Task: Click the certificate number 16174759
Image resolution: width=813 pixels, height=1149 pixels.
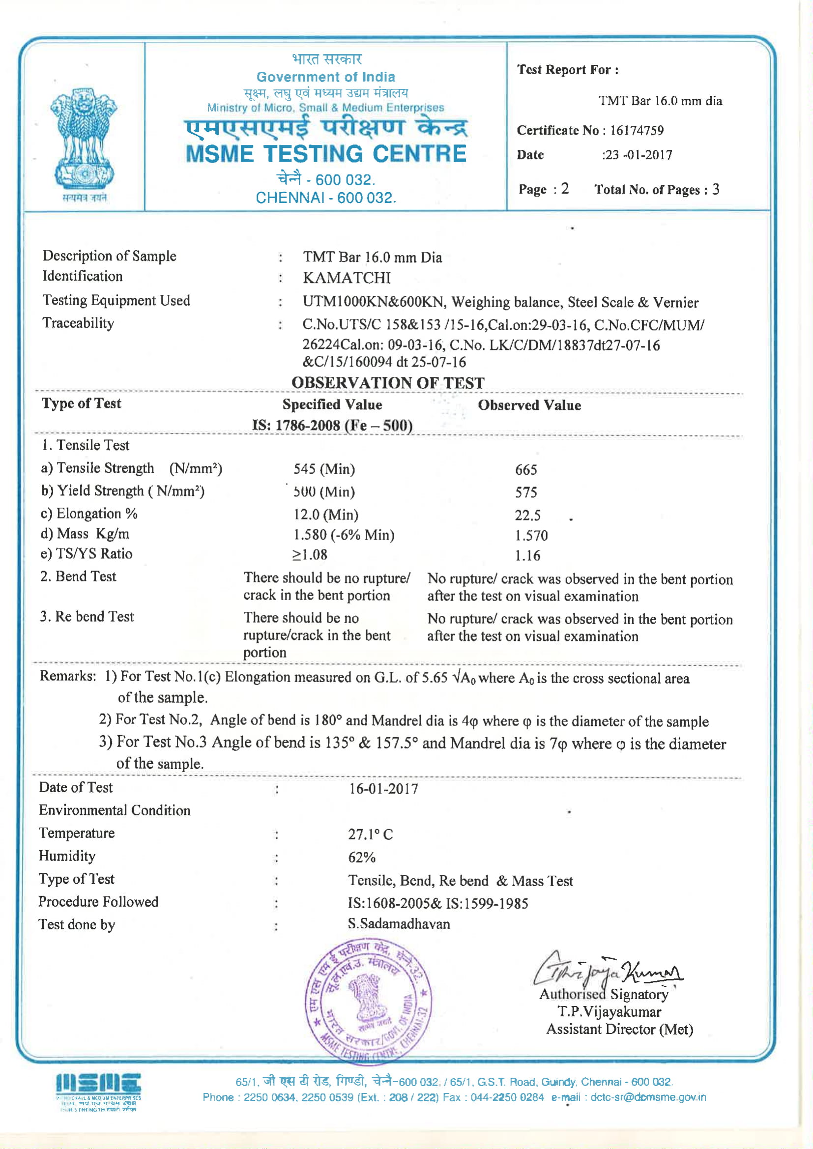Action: click(x=636, y=131)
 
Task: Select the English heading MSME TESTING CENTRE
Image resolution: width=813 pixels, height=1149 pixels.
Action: click(x=326, y=154)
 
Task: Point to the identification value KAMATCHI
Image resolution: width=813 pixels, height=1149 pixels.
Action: click(x=347, y=278)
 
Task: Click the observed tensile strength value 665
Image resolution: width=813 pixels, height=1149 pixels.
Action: click(x=525, y=469)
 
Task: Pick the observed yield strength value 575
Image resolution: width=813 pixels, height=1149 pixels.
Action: click(x=525, y=492)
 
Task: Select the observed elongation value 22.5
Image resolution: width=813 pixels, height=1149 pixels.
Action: click(x=527, y=516)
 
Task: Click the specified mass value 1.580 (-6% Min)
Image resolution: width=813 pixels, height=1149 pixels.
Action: click(x=344, y=535)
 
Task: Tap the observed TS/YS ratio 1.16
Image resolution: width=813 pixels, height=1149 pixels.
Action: click(x=527, y=555)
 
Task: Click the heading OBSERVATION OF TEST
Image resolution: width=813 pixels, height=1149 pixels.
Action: click(x=388, y=383)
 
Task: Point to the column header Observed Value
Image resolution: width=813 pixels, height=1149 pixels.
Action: click(x=529, y=405)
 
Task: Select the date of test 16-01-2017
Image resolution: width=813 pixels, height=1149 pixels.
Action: click(x=383, y=789)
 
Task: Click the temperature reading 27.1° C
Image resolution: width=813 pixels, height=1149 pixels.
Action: click(x=371, y=834)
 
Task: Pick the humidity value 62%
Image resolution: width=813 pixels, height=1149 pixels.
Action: click(x=361, y=857)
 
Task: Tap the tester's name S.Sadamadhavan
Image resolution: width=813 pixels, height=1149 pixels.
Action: click(x=399, y=924)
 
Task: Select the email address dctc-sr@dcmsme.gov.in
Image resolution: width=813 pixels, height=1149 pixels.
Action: click(x=648, y=1097)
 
